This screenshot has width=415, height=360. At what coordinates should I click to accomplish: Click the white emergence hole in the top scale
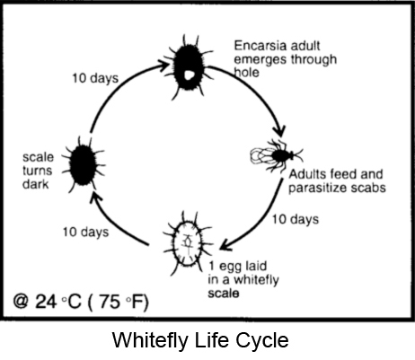coord(189,75)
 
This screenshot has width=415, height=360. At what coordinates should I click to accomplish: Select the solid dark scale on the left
coord(83,164)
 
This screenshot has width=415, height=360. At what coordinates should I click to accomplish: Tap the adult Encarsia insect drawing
coord(276,155)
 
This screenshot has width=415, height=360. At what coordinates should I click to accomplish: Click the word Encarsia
coord(260,46)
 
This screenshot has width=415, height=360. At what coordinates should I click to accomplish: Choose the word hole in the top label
coord(246,73)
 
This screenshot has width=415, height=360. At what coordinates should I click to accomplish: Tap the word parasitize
coord(316,189)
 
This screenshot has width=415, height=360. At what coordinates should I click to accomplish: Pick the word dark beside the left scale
coord(35,184)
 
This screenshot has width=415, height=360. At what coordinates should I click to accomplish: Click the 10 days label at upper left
coord(95,78)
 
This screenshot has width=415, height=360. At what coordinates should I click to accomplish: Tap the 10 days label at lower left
coord(85,233)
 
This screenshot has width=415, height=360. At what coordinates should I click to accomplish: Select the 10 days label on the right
coord(296,219)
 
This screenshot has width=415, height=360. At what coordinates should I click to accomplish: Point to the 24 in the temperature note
coord(46,301)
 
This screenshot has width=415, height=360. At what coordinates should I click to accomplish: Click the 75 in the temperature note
coord(110,302)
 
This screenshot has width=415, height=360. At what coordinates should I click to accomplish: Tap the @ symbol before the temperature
coord(21,301)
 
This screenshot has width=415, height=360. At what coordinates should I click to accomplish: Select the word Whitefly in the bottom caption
coord(150,339)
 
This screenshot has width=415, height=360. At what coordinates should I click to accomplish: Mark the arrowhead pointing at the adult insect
coord(279,131)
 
